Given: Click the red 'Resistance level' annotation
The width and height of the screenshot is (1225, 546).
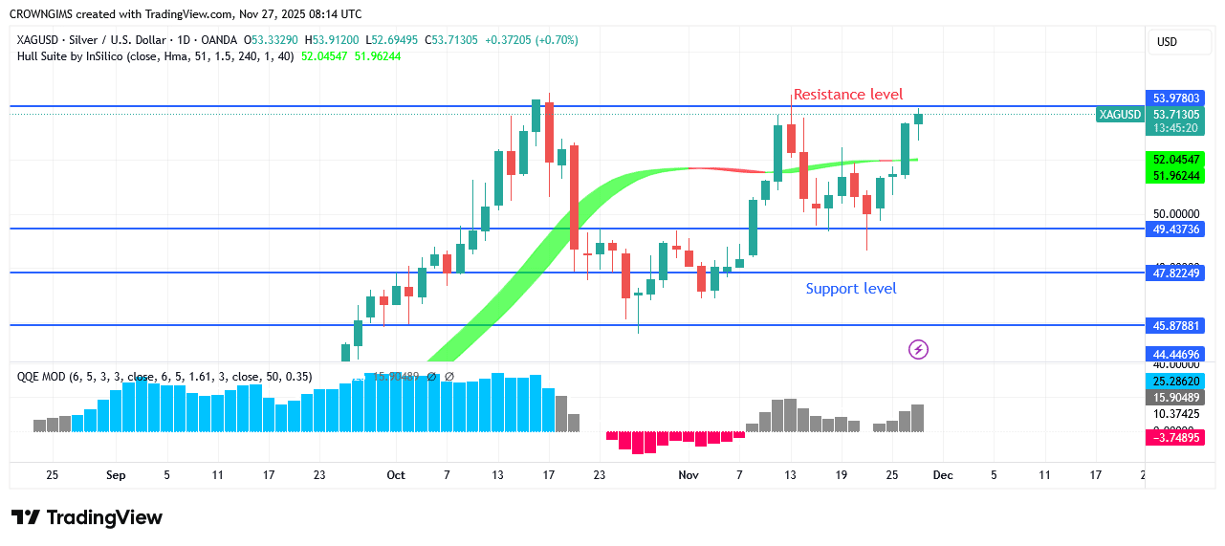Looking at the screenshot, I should click(847, 94).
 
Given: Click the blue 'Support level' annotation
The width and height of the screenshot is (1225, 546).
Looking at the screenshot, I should click(850, 288).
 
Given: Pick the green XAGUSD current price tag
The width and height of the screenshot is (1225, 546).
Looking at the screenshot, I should click(1120, 115).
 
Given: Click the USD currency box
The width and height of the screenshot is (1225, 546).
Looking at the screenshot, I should click(1167, 42).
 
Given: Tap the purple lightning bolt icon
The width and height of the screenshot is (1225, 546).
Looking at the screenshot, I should click(918, 349).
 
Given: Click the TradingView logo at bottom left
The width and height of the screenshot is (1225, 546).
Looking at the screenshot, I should click(87, 517).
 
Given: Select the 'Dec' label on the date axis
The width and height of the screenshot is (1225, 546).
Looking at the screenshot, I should click(943, 475).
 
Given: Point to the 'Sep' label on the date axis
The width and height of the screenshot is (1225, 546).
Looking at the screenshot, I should click(116, 475).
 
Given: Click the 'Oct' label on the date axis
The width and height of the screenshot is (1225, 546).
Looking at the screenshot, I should click(396, 475).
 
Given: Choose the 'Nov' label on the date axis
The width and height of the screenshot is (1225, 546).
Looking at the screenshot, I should click(688, 475).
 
